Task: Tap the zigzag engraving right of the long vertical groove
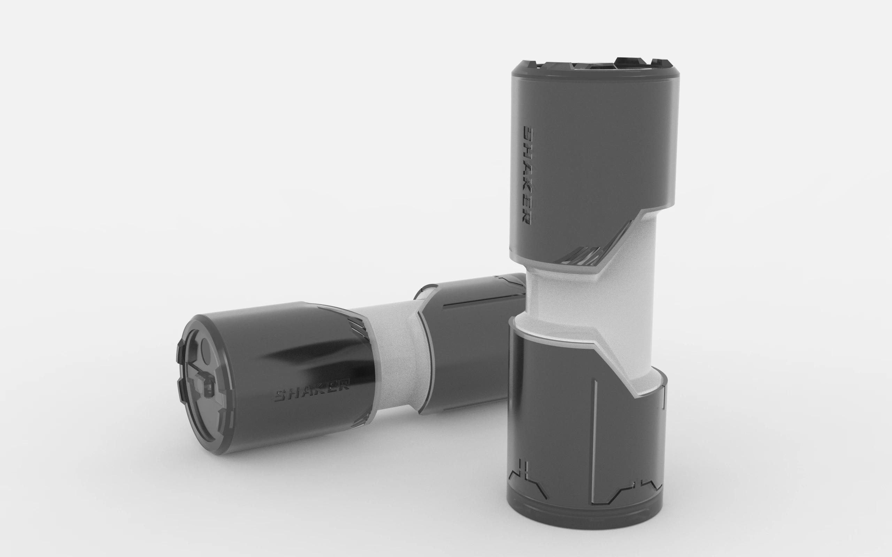pos(626,486)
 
